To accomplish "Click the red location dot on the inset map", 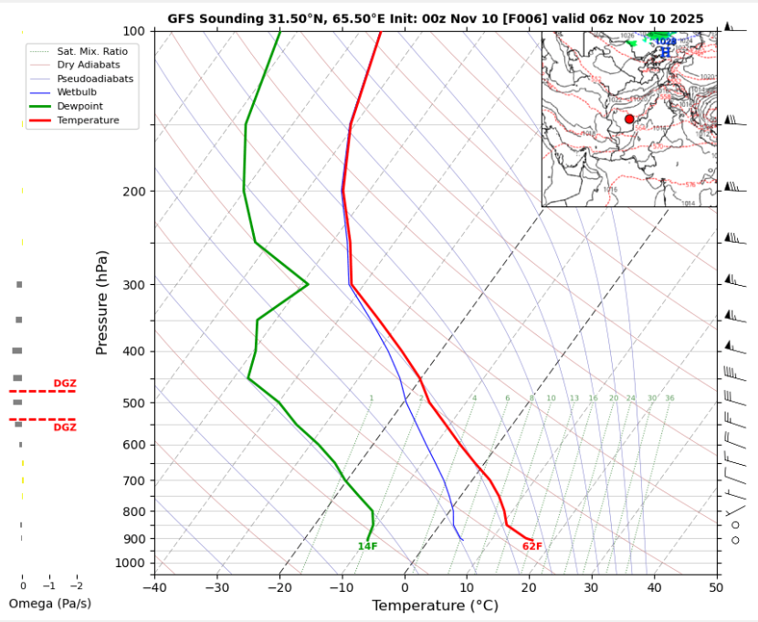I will [629, 120].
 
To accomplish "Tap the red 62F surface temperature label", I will [532, 546].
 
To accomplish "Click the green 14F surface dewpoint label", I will [367, 546].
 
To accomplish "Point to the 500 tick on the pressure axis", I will [133, 403].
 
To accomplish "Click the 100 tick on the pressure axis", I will [133, 31].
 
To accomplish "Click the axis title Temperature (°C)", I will [435, 605].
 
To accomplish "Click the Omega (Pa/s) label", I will [49, 604].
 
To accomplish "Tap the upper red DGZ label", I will [65, 384].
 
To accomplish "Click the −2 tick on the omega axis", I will [76, 585].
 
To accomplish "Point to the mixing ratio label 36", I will [669, 398].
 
